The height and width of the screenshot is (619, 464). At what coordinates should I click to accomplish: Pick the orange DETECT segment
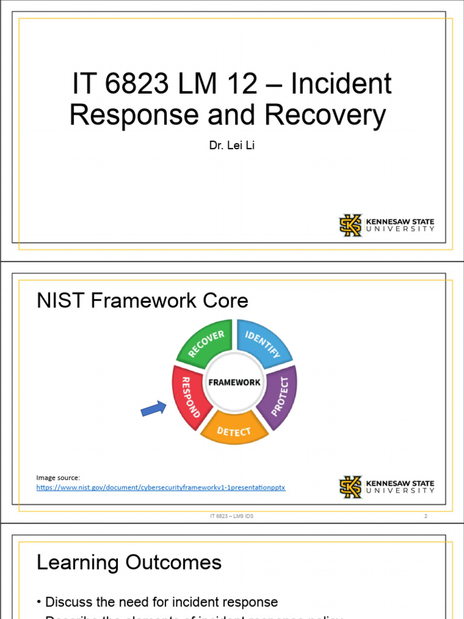[234, 430]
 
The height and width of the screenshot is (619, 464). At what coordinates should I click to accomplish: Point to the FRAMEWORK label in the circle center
[234, 382]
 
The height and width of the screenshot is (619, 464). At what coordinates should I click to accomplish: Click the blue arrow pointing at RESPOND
[153, 409]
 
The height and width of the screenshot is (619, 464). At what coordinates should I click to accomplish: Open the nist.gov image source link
[161, 487]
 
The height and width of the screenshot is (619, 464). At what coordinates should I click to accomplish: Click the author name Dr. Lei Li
[231, 146]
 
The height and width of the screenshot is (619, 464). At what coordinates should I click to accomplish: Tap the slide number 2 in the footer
[425, 516]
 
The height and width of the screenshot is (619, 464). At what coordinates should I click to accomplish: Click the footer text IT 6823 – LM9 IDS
[232, 516]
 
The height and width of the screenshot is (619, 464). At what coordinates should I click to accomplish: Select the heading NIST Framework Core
[143, 300]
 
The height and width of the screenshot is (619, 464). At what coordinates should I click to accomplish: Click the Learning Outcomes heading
[129, 563]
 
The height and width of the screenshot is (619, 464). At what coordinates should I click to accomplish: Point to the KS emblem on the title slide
[350, 225]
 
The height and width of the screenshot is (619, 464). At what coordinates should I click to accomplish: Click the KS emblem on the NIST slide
[350, 487]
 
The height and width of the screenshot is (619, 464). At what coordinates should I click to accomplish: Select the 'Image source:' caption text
[58, 478]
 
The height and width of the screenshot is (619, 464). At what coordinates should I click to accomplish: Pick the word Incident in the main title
[341, 84]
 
